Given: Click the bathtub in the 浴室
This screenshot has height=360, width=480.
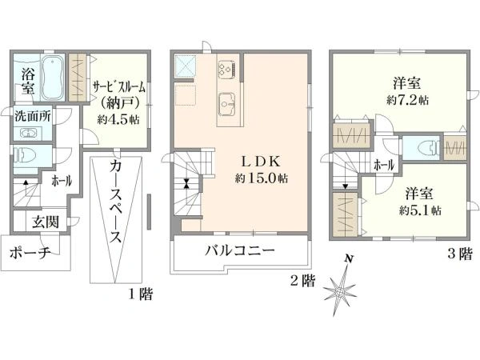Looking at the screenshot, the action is pyautogui.click(x=53, y=78).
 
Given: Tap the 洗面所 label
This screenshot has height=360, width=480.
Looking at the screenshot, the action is pyautogui.click(x=33, y=116).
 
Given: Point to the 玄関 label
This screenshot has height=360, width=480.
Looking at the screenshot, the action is pyautogui.click(x=46, y=222).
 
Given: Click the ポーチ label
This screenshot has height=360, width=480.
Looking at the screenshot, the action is pyautogui.click(x=30, y=253).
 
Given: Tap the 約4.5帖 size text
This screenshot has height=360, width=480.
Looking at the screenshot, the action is pyautogui.click(x=118, y=119).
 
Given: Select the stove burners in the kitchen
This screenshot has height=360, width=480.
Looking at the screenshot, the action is pyautogui.click(x=226, y=68).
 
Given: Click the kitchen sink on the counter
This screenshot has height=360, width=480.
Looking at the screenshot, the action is pyautogui.click(x=227, y=104).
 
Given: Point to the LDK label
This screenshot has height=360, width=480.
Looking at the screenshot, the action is pyautogui.click(x=261, y=162).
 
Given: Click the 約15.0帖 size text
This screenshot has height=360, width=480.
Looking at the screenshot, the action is pyautogui.click(x=261, y=178).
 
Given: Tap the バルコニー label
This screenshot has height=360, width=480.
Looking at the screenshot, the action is pyautogui.click(x=240, y=251).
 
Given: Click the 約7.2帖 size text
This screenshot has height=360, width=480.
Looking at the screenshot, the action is pyautogui.click(x=407, y=100).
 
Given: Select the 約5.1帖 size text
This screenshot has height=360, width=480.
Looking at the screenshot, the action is pyautogui.click(x=420, y=210).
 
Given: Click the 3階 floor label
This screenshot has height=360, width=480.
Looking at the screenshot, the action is pyautogui.click(x=460, y=254).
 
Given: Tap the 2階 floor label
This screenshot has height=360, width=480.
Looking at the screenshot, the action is pyautogui.click(x=302, y=281).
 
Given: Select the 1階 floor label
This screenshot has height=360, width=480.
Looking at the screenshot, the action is pyautogui.click(x=140, y=294).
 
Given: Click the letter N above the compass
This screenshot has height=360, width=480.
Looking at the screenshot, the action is pyautogui.click(x=348, y=259).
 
